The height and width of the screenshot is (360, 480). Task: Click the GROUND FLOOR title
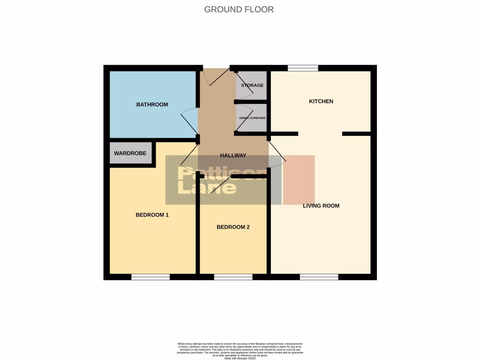click(239, 9)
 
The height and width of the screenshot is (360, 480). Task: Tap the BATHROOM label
click(152, 105)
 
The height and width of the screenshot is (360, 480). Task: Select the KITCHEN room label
click(321, 101)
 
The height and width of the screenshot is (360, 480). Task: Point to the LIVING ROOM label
click(321, 206)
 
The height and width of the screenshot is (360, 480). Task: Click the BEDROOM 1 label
click(152, 215)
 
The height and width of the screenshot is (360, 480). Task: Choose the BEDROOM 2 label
click(233, 227)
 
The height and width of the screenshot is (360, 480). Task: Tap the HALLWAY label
click(233, 156)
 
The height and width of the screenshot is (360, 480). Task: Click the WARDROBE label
click(130, 153)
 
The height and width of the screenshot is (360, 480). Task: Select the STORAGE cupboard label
click(252, 85)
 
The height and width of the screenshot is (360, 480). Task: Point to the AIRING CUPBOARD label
click(252, 118)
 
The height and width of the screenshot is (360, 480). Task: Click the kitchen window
click(303, 68)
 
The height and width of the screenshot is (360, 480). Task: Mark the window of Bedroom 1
click(150, 277)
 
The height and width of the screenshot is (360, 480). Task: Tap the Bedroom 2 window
click(233, 277)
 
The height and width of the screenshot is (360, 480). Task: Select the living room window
click(319, 277)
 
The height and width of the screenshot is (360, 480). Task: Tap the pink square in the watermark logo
click(299, 180)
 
